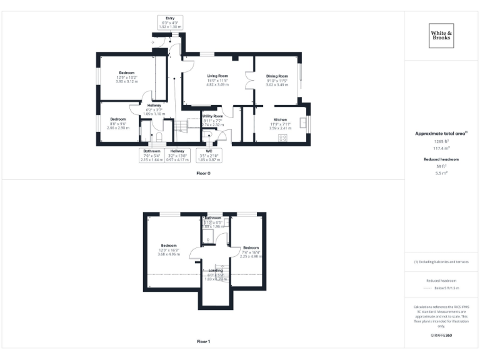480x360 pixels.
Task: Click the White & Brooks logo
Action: [x=441, y=36]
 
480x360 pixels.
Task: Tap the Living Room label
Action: [x=217, y=76]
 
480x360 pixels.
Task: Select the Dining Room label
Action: [x=277, y=76]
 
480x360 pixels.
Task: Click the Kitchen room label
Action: [x=279, y=119]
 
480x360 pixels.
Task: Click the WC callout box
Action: [x=209, y=155]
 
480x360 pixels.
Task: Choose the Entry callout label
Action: [x=170, y=23]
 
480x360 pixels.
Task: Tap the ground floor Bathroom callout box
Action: [x=152, y=155]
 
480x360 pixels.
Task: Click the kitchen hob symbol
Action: [x=282, y=138]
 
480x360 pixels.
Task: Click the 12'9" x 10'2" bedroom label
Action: [x=126, y=72]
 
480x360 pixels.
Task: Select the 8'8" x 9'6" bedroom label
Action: [x=118, y=119]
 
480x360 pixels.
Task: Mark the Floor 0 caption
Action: [x=203, y=173]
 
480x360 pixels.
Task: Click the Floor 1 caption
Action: [x=203, y=342]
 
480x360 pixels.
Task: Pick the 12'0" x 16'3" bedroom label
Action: [x=169, y=246]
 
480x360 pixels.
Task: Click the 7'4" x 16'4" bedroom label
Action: [x=251, y=247]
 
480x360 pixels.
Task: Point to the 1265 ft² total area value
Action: [x=441, y=142]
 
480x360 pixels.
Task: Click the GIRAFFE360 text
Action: [x=441, y=336]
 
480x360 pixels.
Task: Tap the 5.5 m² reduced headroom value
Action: [x=441, y=172]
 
